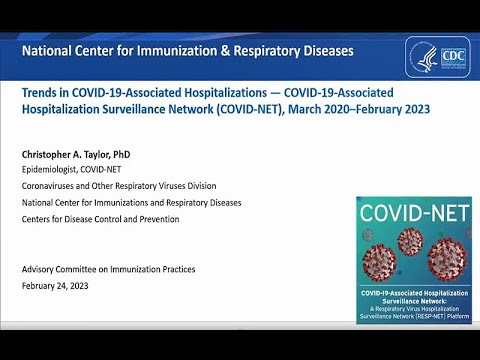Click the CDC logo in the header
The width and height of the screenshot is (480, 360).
pyautogui.click(x=452, y=57)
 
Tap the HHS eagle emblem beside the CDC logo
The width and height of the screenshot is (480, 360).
pyautogui.click(x=425, y=57)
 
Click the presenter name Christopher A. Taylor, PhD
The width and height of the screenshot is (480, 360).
pyautogui.click(x=77, y=156)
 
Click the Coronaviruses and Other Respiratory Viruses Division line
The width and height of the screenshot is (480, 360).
pyautogui.click(x=118, y=186)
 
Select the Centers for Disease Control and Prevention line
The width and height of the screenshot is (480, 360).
pyautogui.click(x=100, y=218)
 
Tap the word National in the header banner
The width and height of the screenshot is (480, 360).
pyautogui.click(x=47, y=50)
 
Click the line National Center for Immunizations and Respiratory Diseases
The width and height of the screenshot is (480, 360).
pyautogui.click(x=131, y=202)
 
